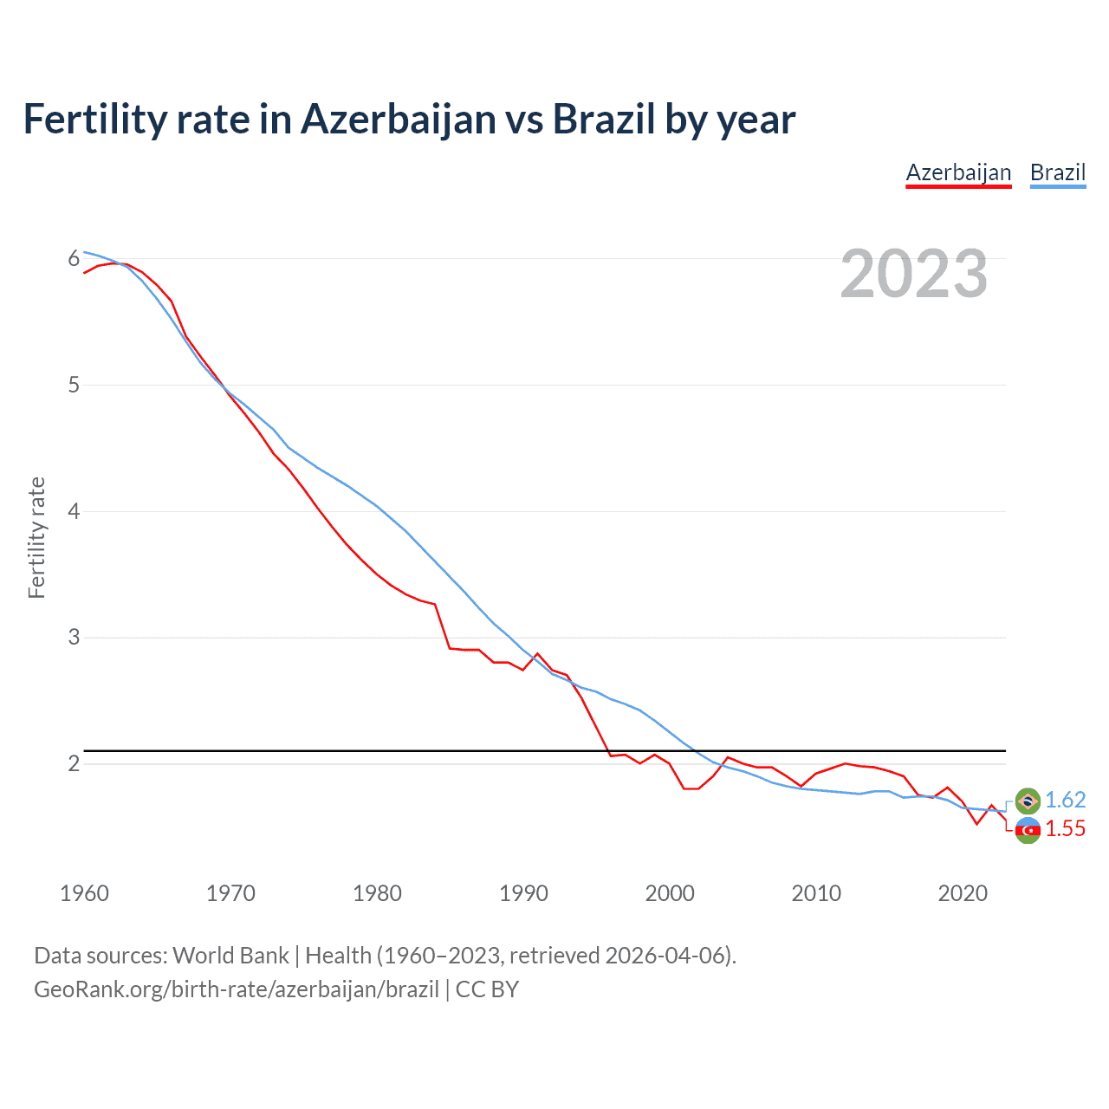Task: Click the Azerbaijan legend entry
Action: coord(958,172)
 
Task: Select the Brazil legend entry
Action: coord(1057,172)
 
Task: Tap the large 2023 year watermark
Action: coord(913,274)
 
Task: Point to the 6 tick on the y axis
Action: coord(74,258)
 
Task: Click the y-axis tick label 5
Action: coord(74,385)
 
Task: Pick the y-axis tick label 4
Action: coord(74,511)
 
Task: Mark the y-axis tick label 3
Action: coord(74,638)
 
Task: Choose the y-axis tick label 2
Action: coord(74,763)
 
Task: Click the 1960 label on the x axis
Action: coord(84,893)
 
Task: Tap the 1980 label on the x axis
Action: coord(377,893)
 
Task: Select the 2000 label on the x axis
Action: coord(670,893)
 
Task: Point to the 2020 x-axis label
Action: coord(963,893)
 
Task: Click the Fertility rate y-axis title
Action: coord(36,537)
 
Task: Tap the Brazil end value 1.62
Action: coord(1065,800)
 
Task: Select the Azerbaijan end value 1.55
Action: coord(1065,829)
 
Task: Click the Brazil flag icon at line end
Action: coord(1028,801)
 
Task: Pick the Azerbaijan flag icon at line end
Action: coord(1028,830)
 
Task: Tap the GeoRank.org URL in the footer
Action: coord(236,989)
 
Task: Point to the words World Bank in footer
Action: coord(230,955)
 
